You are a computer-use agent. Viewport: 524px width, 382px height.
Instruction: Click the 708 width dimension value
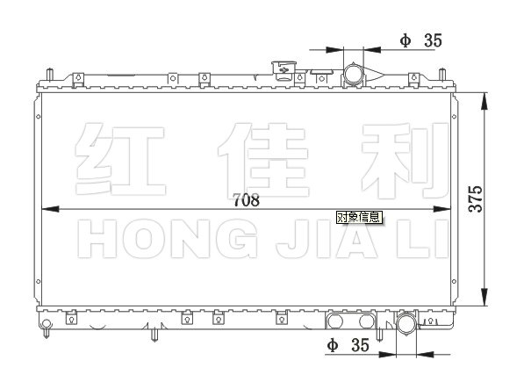[x=247, y=200]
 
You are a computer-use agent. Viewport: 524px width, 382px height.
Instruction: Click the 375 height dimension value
[x=476, y=198]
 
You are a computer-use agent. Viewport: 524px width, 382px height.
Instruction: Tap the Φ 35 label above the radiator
[x=421, y=40]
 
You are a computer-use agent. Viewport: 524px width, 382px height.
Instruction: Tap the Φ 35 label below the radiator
[x=348, y=345]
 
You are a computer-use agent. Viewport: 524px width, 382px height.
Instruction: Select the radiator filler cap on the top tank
[x=284, y=70]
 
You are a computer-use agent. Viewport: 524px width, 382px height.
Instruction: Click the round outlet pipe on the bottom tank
[x=406, y=324]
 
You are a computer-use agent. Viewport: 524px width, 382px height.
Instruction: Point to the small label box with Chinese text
[x=359, y=217]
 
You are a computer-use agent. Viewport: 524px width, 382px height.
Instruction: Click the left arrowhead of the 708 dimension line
[x=50, y=209]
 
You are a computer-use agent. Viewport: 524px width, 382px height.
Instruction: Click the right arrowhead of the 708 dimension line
[x=441, y=209]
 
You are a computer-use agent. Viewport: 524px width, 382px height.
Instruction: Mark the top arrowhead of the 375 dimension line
[x=485, y=101]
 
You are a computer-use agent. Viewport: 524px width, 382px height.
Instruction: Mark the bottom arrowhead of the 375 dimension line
[x=485, y=297]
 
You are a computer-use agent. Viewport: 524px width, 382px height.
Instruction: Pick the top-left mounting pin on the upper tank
[x=49, y=75]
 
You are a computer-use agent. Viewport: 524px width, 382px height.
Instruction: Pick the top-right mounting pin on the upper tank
[x=442, y=75]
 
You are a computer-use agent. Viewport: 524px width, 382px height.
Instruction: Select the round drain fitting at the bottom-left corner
[x=47, y=324]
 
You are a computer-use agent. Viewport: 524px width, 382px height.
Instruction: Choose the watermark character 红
[x=120, y=159]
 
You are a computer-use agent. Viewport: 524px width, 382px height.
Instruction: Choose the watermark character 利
[x=405, y=160]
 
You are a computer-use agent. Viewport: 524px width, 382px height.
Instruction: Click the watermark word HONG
[x=168, y=239]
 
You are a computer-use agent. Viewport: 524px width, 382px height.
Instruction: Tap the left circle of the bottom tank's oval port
[x=335, y=321]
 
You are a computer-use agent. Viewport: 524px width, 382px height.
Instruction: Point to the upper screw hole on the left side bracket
[x=39, y=117]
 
